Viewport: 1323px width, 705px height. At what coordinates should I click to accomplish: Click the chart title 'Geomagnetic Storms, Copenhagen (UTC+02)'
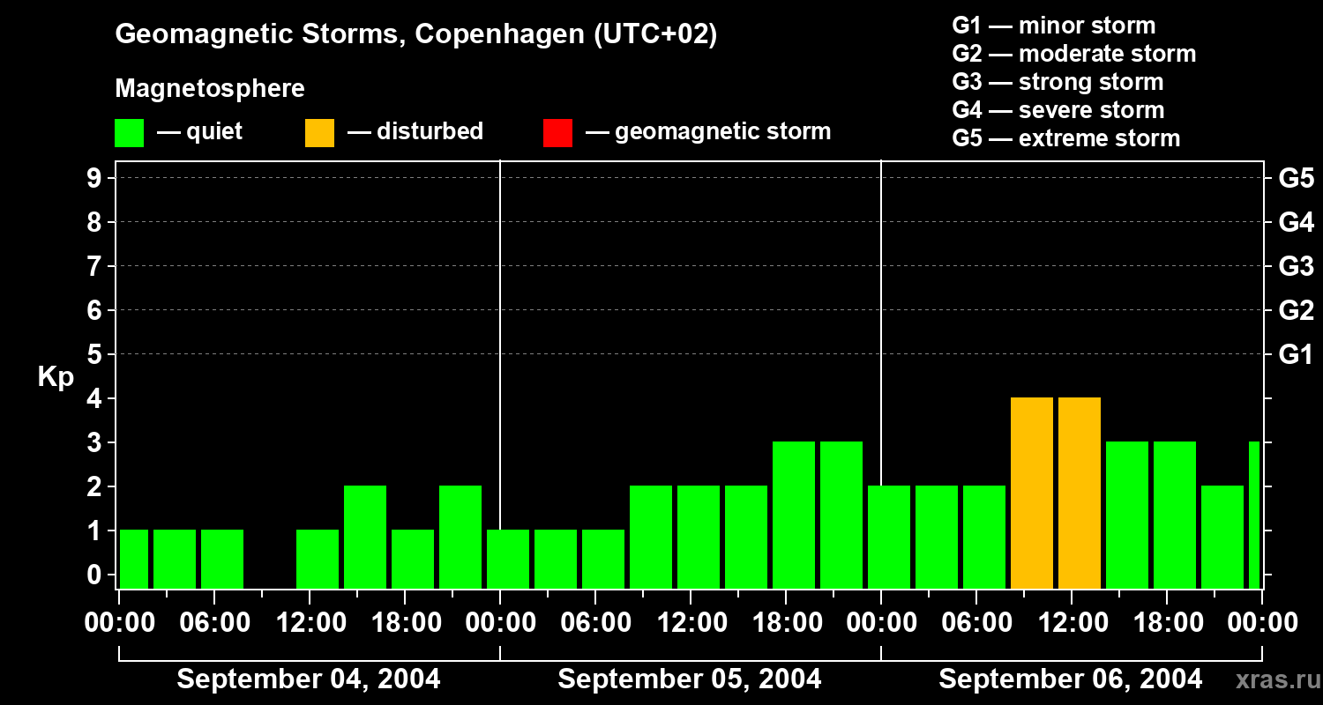pos(415,34)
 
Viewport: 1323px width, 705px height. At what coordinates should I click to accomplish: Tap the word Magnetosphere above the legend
pos(210,89)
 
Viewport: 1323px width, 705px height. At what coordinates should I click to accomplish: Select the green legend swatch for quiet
pos(129,133)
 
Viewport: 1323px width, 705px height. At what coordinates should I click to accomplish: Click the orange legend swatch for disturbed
pos(319,133)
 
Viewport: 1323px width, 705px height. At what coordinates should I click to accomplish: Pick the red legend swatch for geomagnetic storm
pos(557,133)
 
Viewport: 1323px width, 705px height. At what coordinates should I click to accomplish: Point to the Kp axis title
pos(56,377)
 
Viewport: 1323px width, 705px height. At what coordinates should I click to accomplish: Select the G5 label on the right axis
pos(1296,178)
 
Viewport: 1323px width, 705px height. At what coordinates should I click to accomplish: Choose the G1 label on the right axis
pos(1296,355)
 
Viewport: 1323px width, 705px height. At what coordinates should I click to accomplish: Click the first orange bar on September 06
pos(1032,493)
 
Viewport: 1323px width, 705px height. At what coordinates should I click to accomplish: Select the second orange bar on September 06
pos(1080,493)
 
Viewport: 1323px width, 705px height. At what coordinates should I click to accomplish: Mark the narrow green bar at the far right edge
pos(1254,516)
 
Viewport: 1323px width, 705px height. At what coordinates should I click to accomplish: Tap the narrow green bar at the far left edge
pos(134,560)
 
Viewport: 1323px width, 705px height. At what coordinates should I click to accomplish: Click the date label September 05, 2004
pos(690,679)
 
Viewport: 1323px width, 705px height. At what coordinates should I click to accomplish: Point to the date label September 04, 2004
pos(309,679)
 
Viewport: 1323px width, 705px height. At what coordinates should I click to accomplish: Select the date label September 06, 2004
pos(1070,679)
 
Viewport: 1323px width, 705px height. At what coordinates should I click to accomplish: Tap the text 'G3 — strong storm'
pos(1058,82)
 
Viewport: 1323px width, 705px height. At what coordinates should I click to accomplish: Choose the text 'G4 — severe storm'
pos(1058,110)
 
